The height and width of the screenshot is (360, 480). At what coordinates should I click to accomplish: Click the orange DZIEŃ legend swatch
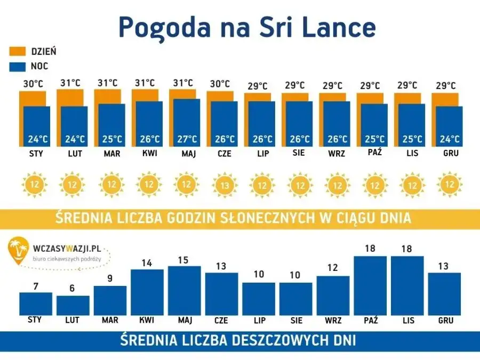(x=18, y=52)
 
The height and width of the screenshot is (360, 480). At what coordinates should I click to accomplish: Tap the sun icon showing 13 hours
(x=224, y=185)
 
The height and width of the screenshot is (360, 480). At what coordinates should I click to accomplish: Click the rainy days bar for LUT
(x=73, y=305)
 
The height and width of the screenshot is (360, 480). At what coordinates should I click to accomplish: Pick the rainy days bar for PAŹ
(x=370, y=285)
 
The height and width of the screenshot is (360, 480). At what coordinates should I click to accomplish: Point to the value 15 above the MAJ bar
(x=185, y=260)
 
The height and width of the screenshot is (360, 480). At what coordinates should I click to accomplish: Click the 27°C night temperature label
(x=187, y=139)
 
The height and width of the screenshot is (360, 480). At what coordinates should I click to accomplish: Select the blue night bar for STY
(x=37, y=126)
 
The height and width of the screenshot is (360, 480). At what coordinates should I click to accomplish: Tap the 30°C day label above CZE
(x=220, y=84)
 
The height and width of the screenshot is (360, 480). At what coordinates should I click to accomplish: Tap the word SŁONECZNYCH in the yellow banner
(x=268, y=218)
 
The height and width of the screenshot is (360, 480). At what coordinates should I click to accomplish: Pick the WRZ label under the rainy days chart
(x=333, y=321)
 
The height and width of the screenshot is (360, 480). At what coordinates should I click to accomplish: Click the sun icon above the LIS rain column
(x=412, y=185)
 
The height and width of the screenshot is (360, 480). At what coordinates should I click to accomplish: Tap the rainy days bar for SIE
(x=296, y=299)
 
